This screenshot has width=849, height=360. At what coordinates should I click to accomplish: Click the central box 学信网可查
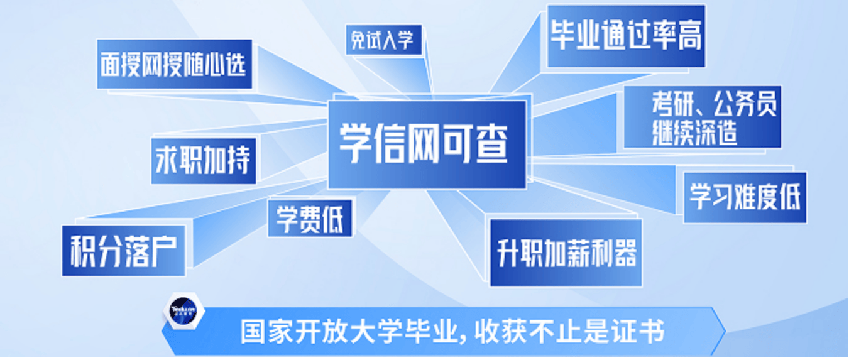click(427, 145)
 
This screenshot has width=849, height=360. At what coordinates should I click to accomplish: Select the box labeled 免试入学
click(384, 40)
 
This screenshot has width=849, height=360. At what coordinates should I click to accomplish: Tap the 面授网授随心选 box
click(175, 64)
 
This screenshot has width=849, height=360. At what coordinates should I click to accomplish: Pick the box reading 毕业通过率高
click(626, 36)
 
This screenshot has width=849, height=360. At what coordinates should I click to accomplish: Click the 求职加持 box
click(204, 161)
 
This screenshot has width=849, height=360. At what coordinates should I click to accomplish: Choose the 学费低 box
click(310, 219)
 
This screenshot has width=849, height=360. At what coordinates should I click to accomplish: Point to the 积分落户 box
click(124, 251)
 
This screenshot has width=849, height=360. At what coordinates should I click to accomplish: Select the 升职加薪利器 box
click(566, 253)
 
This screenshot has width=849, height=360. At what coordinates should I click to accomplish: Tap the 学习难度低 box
click(745, 197)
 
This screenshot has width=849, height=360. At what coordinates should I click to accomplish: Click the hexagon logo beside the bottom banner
click(184, 311)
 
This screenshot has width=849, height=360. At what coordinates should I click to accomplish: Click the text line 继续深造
click(694, 133)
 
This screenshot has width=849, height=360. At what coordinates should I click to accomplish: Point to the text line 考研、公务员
click(714, 104)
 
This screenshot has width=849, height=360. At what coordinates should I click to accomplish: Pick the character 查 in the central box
click(491, 145)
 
